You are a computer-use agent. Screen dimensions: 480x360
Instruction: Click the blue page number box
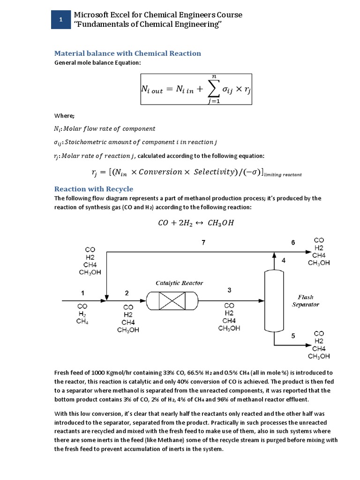point(60,20)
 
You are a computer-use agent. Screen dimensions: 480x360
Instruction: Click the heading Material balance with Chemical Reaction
point(128,53)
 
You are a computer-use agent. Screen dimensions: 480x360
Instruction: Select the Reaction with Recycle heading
point(94,189)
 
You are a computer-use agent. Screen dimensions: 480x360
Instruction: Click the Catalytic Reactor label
point(180,283)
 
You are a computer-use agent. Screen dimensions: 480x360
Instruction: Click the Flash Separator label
point(306,300)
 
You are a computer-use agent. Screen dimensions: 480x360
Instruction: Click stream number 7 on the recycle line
point(203,242)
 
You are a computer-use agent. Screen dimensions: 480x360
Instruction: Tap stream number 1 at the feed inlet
point(83,293)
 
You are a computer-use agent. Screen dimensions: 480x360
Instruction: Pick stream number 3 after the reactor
point(229,290)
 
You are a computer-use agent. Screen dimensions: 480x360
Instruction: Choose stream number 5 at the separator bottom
point(293,336)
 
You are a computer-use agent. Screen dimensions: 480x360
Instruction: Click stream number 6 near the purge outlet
point(293,242)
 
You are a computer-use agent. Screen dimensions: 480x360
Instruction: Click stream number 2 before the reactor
point(127,293)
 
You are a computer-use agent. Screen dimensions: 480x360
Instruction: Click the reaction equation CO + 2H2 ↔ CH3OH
point(195,223)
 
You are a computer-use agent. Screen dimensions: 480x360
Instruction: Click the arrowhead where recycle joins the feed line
point(107,298)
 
